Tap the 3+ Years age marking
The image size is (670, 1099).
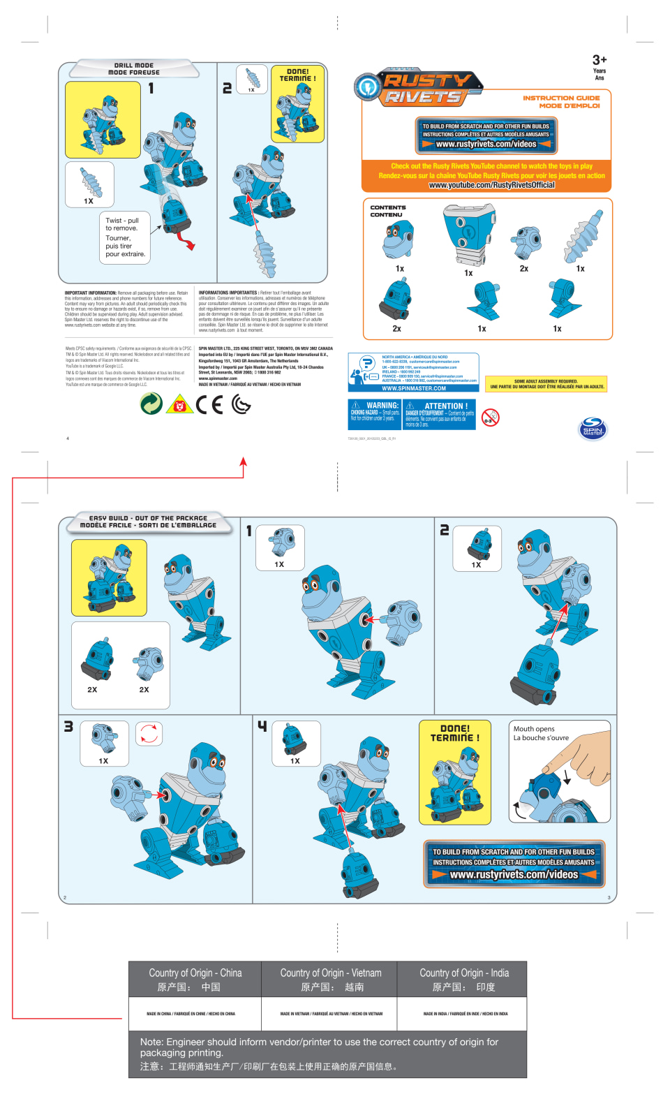599,67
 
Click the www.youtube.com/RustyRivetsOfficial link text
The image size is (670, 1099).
491,185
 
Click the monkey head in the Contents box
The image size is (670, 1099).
399,240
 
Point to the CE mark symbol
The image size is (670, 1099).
209,404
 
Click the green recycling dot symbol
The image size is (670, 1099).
151,404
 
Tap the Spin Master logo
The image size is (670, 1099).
593,429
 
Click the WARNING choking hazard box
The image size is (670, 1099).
375,414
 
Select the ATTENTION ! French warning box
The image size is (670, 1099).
440,414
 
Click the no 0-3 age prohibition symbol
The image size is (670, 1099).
491,418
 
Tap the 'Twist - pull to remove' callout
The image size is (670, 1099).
125,237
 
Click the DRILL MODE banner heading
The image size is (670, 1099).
134,68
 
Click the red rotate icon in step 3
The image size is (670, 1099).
149,734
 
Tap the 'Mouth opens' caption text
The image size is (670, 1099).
541,733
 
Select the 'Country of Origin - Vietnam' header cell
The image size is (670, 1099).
330,979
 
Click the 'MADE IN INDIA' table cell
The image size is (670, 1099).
465,1014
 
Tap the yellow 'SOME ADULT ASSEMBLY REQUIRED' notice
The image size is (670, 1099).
546,384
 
